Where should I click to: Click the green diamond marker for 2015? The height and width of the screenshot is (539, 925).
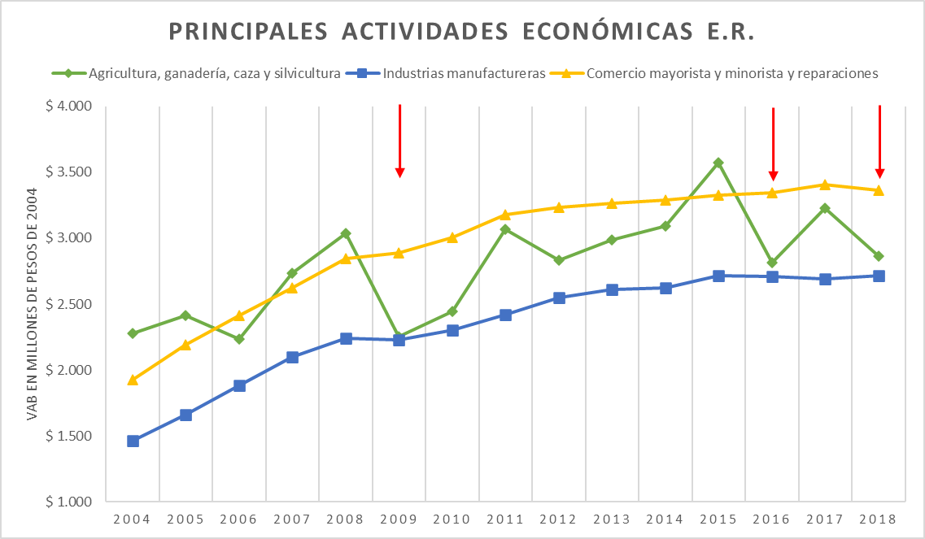point(718,163)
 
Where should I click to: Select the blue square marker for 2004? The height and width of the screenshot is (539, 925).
point(133,441)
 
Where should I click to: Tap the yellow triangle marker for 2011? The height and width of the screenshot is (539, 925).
point(505,215)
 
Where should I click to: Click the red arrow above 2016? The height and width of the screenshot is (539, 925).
point(773,144)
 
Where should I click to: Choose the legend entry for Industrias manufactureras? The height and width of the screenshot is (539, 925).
point(463,73)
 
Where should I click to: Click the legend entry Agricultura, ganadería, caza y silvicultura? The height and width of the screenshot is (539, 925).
point(213,73)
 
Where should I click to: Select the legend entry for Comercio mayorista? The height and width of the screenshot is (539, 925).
point(732,73)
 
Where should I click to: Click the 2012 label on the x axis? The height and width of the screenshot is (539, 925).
point(559,519)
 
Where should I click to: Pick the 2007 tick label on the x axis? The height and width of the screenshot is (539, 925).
point(292,519)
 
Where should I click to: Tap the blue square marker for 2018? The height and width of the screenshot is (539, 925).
point(879,276)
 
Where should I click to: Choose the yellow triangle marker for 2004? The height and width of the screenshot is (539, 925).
point(133,380)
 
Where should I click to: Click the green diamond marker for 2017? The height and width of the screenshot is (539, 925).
point(825,208)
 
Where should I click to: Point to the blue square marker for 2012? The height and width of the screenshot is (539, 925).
point(559,298)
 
